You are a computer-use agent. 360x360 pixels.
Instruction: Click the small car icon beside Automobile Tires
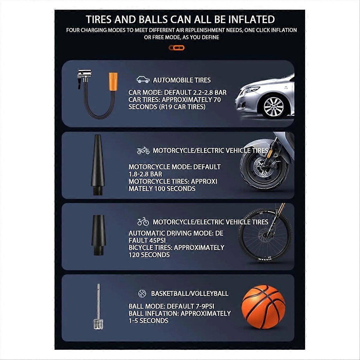143,80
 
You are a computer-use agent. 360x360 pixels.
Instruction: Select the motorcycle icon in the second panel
143,151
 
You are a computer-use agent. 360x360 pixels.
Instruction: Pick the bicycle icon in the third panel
143,222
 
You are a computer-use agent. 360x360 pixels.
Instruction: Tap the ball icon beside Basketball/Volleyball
142,293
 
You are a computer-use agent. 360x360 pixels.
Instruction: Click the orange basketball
263,307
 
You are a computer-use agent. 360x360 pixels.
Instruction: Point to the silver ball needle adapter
98,306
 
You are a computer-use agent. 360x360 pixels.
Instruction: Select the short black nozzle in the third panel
98,235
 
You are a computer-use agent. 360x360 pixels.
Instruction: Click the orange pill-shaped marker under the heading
176,48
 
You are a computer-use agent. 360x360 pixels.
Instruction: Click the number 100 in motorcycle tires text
159,188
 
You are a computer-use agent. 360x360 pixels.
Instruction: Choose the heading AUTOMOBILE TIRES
182,80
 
